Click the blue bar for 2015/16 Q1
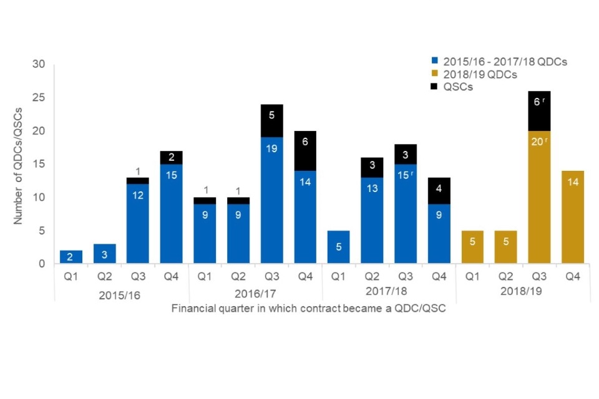point(71,257)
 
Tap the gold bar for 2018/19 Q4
point(573,217)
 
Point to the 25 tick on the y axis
point(39,98)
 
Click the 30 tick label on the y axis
point(39,65)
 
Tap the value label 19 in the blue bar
point(272,149)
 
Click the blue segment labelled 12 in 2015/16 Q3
point(138,195)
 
